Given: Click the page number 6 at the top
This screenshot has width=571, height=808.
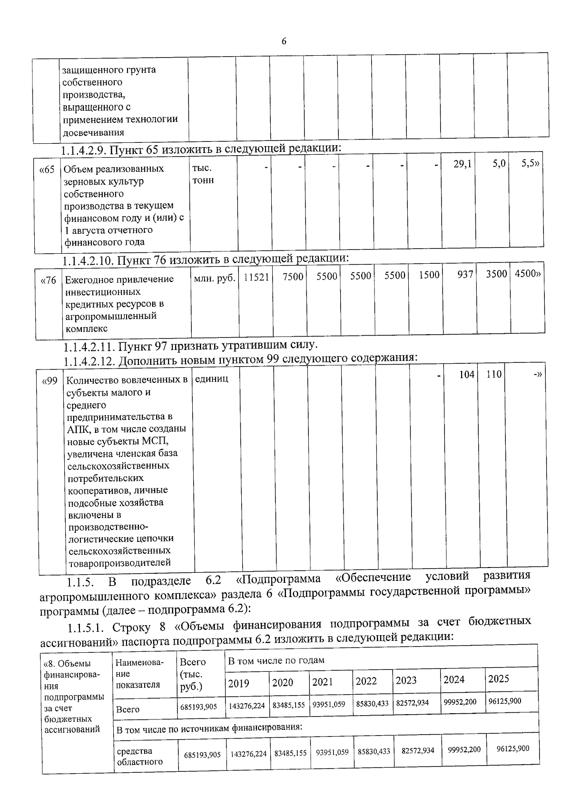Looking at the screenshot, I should click(x=284, y=41).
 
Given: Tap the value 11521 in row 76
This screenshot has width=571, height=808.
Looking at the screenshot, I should click(x=256, y=277).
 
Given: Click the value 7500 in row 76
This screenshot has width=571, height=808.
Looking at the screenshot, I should click(x=293, y=277).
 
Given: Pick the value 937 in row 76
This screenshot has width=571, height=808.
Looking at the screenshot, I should click(x=465, y=275).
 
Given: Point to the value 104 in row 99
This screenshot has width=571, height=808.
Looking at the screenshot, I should click(x=466, y=375).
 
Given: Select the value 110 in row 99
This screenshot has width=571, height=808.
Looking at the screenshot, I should click(x=494, y=374).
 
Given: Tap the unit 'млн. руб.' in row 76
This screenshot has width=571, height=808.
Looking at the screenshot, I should click(x=215, y=278).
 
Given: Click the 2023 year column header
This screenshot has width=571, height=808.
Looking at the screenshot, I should click(x=406, y=680).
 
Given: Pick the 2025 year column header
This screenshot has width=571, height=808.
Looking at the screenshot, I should click(x=498, y=679).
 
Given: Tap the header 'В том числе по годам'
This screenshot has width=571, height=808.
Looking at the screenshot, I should click(x=276, y=660).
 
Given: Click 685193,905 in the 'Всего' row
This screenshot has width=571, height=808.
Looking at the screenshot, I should click(x=199, y=707).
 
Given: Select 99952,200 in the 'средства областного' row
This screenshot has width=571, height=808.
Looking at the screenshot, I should click(x=464, y=749).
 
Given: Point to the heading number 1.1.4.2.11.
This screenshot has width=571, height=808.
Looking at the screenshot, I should click(x=89, y=346).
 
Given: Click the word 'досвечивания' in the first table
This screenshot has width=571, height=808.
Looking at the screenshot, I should click(x=94, y=132).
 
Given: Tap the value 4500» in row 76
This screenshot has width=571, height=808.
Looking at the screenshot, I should click(x=527, y=274).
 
